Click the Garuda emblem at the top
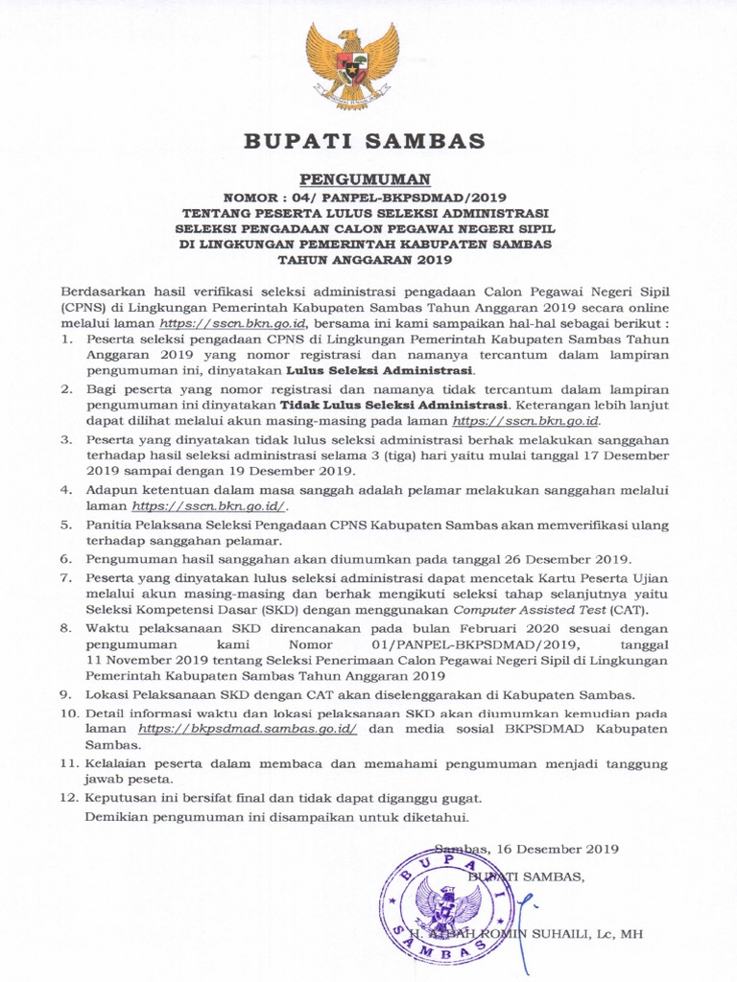click(x=352, y=66)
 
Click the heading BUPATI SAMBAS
click(x=365, y=142)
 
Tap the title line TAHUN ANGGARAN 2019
click(x=365, y=259)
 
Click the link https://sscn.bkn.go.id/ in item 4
click(x=209, y=506)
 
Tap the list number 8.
click(x=66, y=627)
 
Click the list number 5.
click(x=66, y=526)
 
